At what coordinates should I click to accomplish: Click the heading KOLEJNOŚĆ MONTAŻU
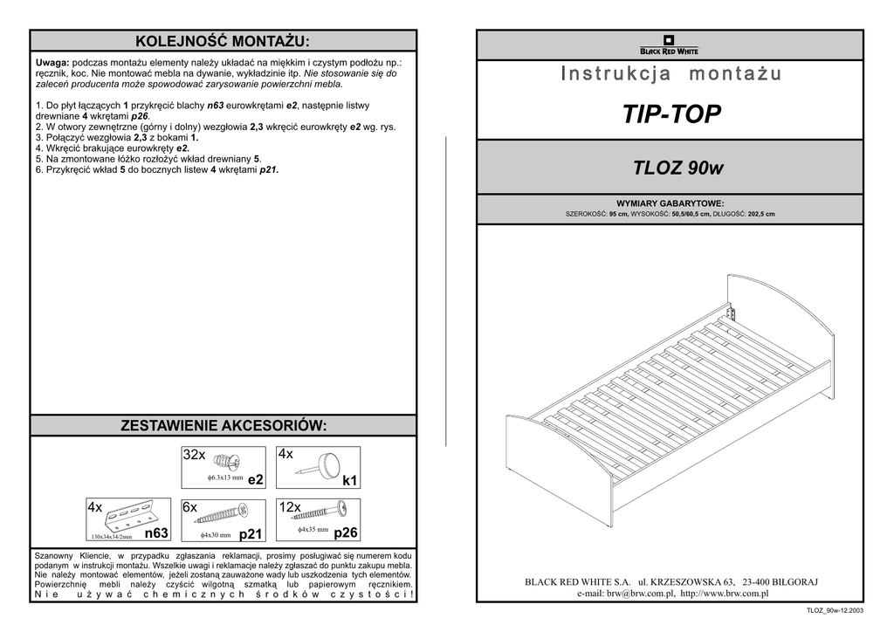click(223, 41)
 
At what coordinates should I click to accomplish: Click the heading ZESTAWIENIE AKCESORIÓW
click(223, 425)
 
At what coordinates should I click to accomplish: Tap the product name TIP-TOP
click(671, 114)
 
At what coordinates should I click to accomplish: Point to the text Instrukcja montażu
click(670, 74)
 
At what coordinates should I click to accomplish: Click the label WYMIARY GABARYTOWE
click(670, 203)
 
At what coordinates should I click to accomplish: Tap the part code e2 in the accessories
click(255, 480)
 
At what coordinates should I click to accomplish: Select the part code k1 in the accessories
click(350, 480)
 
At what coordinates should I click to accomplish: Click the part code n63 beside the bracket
click(156, 532)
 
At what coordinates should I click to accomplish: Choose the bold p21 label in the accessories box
click(251, 533)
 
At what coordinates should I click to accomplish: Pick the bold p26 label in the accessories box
click(346, 532)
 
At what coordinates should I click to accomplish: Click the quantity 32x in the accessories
click(194, 455)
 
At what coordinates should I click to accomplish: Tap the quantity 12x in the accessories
click(290, 507)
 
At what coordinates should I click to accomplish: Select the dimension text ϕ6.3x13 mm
click(225, 478)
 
